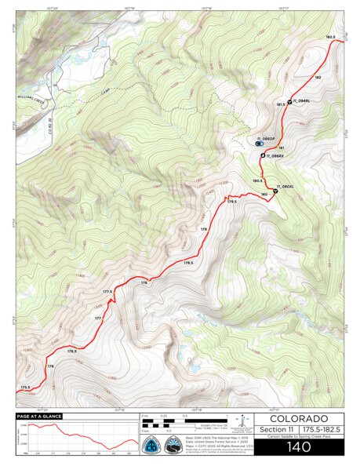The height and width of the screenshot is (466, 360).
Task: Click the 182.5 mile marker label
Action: pyautogui.click(x=330, y=37)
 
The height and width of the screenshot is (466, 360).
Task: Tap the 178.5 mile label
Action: pyautogui.click(x=187, y=262)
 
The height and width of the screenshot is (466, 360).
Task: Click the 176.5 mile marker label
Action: pyautogui.click(x=72, y=351)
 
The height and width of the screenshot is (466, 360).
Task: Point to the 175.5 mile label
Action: pyautogui.click(x=25, y=387)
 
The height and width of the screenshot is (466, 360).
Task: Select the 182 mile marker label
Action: pyautogui.click(x=318, y=77)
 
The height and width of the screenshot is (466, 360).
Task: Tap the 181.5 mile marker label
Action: pyautogui.click(x=280, y=104)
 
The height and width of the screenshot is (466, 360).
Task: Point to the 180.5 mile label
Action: pyautogui.click(x=257, y=180)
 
